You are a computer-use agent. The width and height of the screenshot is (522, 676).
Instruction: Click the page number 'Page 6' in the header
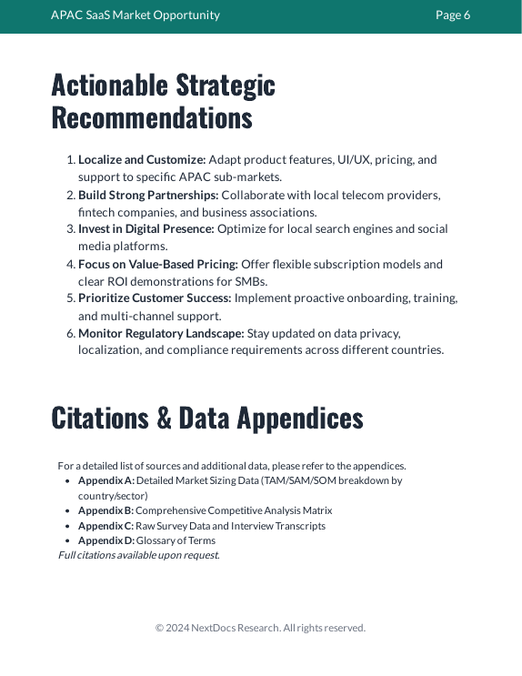pyautogui.click(x=453, y=15)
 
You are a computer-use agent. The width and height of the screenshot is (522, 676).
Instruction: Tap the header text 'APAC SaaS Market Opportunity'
pyautogui.click(x=136, y=15)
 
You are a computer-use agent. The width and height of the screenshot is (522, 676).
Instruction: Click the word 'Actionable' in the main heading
pyautogui.click(x=109, y=85)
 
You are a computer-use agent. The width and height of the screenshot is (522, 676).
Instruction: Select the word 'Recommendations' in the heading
pyautogui.click(x=152, y=118)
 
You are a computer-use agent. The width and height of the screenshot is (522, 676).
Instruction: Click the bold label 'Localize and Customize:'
pyautogui.click(x=142, y=159)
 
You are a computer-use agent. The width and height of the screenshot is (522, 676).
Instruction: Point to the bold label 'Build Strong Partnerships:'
pyautogui.click(x=148, y=195)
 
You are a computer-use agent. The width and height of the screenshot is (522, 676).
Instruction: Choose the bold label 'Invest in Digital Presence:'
pyautogui.click(x=146, y=229)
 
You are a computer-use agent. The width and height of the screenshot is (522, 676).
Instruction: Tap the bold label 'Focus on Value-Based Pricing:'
pyautogui.click(x=158, y=264)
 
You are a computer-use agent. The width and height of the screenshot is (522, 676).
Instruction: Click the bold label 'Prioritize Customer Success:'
pyautogui.click(x=155, y=298)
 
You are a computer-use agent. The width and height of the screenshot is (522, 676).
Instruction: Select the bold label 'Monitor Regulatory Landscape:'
pyautogui.click(x=161, y=333)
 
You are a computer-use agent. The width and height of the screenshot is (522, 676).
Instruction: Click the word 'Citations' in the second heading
pyautogui.click(x=100, y=417)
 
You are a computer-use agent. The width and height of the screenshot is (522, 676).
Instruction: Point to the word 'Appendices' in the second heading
pyautogui.click(x=299, y=417)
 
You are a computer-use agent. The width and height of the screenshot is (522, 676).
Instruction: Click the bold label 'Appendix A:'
pyautogui.click(x=106, y=480)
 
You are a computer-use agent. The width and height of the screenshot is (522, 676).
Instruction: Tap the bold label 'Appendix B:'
pyautogui.click(x=105, y=510)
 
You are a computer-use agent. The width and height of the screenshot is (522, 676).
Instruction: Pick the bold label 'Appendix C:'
pyautogui.click(x=105, y=526)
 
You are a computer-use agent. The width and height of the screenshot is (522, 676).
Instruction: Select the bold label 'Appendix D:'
pyautogui.click(x=106, y=540)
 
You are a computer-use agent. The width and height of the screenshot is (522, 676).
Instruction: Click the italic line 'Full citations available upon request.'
pyautogui.click(x=139, y=555)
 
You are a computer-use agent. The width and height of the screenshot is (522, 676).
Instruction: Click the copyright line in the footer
pyautogui.click(x=260, y=628)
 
